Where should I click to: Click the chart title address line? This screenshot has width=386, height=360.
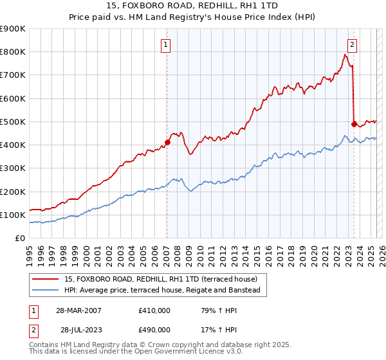click(193, 6)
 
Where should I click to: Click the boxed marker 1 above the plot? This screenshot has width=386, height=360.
click(166, 45)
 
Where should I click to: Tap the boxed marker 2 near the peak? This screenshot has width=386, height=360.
click(353, 45)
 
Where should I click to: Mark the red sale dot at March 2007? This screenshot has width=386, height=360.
click(167, 142)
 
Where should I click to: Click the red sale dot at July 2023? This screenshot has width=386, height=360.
click(354, 123)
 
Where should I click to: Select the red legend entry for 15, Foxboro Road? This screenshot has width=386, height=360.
click(161, 279)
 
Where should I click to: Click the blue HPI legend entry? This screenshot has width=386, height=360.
click(161, 291)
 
